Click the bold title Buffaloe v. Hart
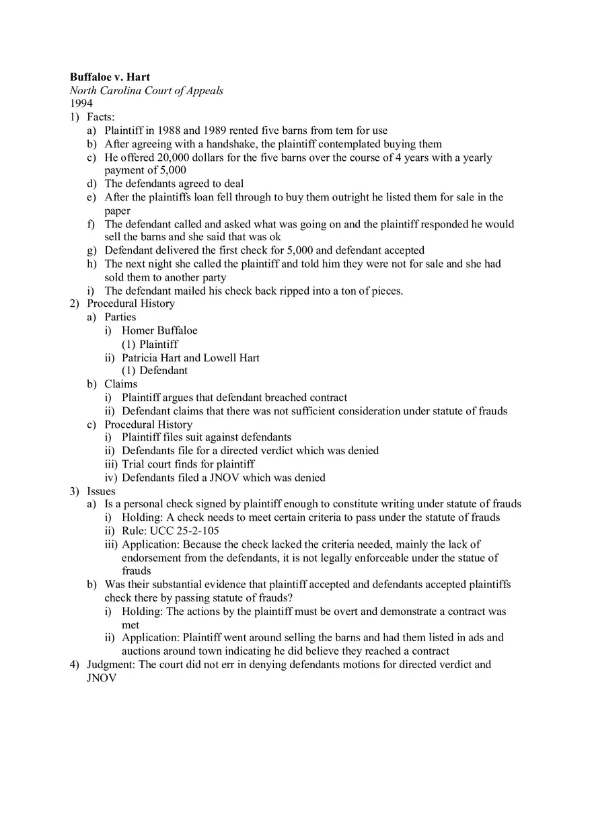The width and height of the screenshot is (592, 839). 110,77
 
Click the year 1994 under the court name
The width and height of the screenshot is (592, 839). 81,104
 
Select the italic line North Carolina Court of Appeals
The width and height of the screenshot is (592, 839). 147,91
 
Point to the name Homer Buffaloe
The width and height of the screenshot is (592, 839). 159,330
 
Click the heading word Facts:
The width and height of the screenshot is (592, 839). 101,117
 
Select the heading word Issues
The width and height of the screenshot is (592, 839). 101,491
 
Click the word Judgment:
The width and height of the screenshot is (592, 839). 111,665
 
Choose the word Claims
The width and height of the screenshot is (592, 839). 120,384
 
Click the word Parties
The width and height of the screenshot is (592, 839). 120,317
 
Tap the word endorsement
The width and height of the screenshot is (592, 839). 152,558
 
